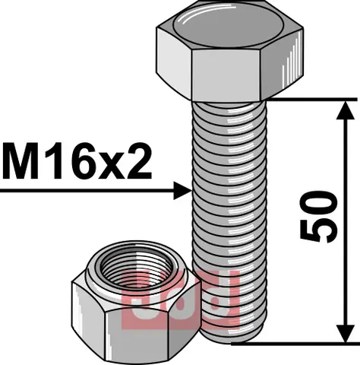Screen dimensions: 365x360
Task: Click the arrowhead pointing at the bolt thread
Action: pyautogui.click(x=181, y=190)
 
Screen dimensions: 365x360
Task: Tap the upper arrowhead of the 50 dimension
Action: pyautogui.click(x=345, y=110)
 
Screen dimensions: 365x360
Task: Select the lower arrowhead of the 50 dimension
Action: pyautogui.click(x=345, y=332)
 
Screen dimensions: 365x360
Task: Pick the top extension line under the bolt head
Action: pyautogui.click(x=304, y=98)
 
